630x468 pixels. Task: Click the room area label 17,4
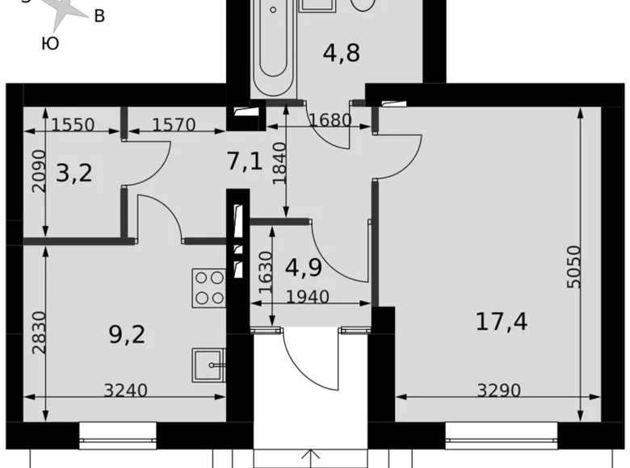point(501,323)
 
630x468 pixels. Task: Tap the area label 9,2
point(127,333)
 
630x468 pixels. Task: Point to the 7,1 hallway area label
point(244,162)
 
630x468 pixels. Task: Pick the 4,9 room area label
point(304,265)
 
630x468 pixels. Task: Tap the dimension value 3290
point(499,391)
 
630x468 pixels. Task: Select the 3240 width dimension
point(127,391)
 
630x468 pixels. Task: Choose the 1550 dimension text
point(73,125)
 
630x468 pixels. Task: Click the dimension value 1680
point(330,120)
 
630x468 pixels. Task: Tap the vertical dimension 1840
point(279,164)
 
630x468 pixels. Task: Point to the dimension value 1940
point(308,297)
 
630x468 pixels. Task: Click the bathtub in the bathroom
point(271,47)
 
